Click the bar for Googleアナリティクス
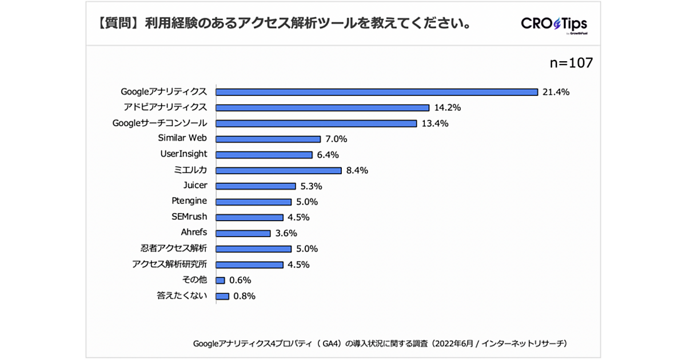click(x=376, y=91)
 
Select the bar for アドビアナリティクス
click(x=322, y=107)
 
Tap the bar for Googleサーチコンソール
click(x=316, y=123)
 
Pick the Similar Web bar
click(x=268, y=139)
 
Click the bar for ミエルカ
click(x=278, y=170)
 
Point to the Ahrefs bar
click(x=242, y=233)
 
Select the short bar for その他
click(x=220, y=280)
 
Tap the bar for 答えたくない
click(x=222, y=296)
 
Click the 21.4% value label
click(x=556, y=92)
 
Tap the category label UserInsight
click(x=184, y=154)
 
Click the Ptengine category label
click(x=189, y=201)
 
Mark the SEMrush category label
click(x=189, y=217)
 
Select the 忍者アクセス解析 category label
click(x=174, y=249)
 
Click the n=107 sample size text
click(x=571, y=63)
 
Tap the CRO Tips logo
click(x=554, y=25)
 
